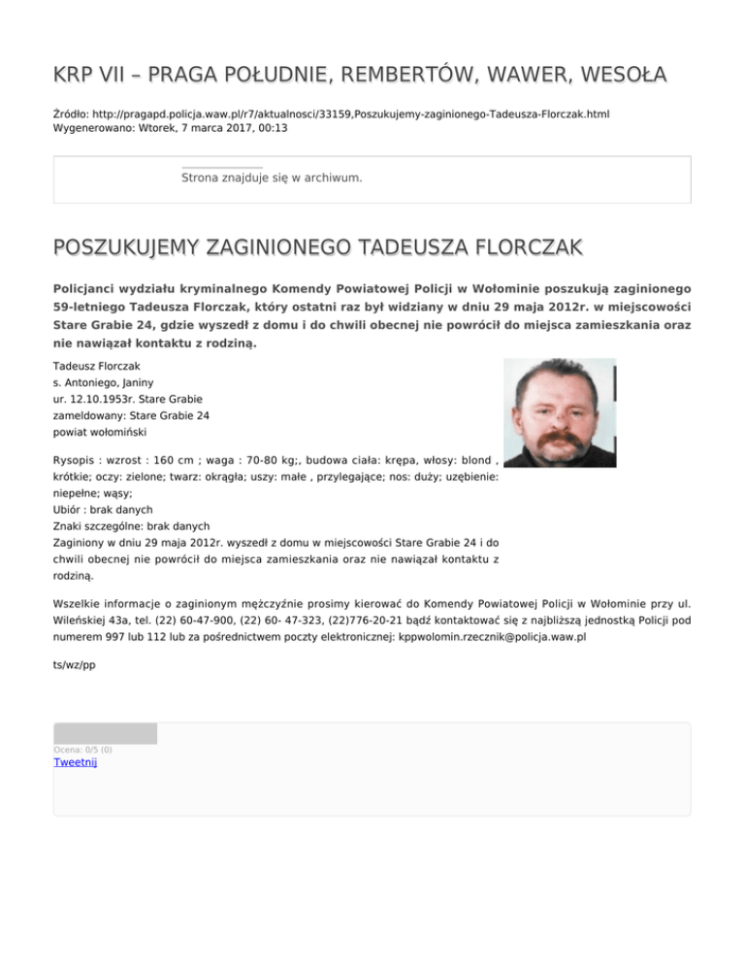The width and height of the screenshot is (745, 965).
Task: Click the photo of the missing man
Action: (x=560, y=413)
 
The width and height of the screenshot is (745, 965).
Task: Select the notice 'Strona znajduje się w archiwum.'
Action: (x=272, y=179)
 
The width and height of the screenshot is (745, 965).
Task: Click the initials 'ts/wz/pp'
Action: (x=75, y=665)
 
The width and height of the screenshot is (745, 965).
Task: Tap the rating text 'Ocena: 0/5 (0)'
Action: (x=82, y=749)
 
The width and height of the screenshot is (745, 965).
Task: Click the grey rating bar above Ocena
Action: (x=105, y=734)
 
